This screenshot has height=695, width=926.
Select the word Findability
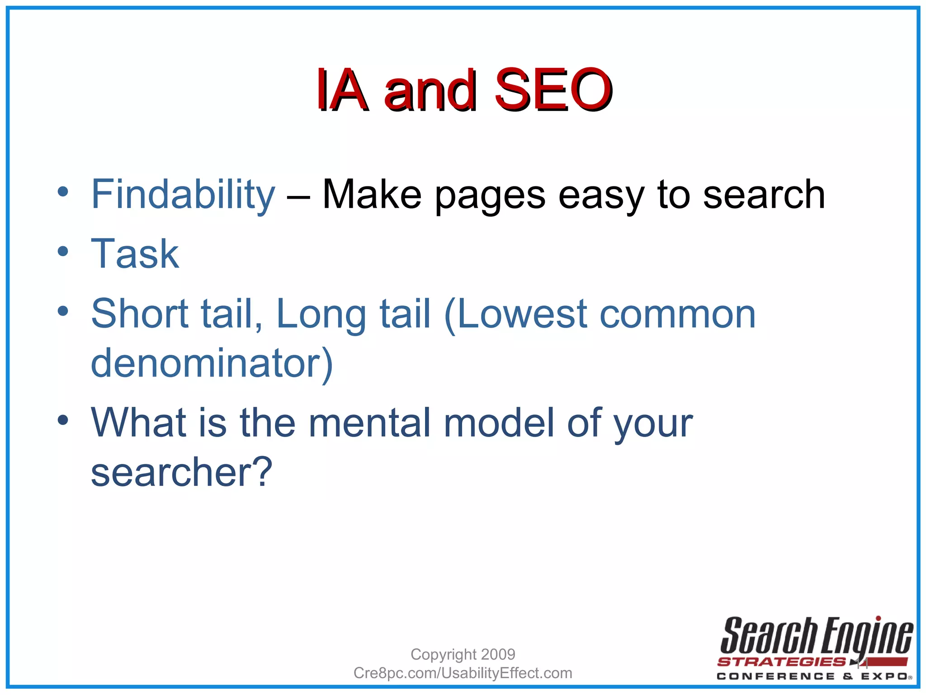pos(183,195)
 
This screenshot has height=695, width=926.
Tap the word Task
pos(135,254)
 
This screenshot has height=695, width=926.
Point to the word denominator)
pos(212,363)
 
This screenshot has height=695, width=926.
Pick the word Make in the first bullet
pos(372,195)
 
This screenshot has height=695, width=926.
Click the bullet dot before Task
pos(63,251)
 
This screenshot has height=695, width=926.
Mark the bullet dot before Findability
pos(63,191)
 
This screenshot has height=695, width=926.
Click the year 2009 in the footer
pos(498,654)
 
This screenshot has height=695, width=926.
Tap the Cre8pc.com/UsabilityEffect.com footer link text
pos(463,673)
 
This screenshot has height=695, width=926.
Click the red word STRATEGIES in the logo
pos(781,662)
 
